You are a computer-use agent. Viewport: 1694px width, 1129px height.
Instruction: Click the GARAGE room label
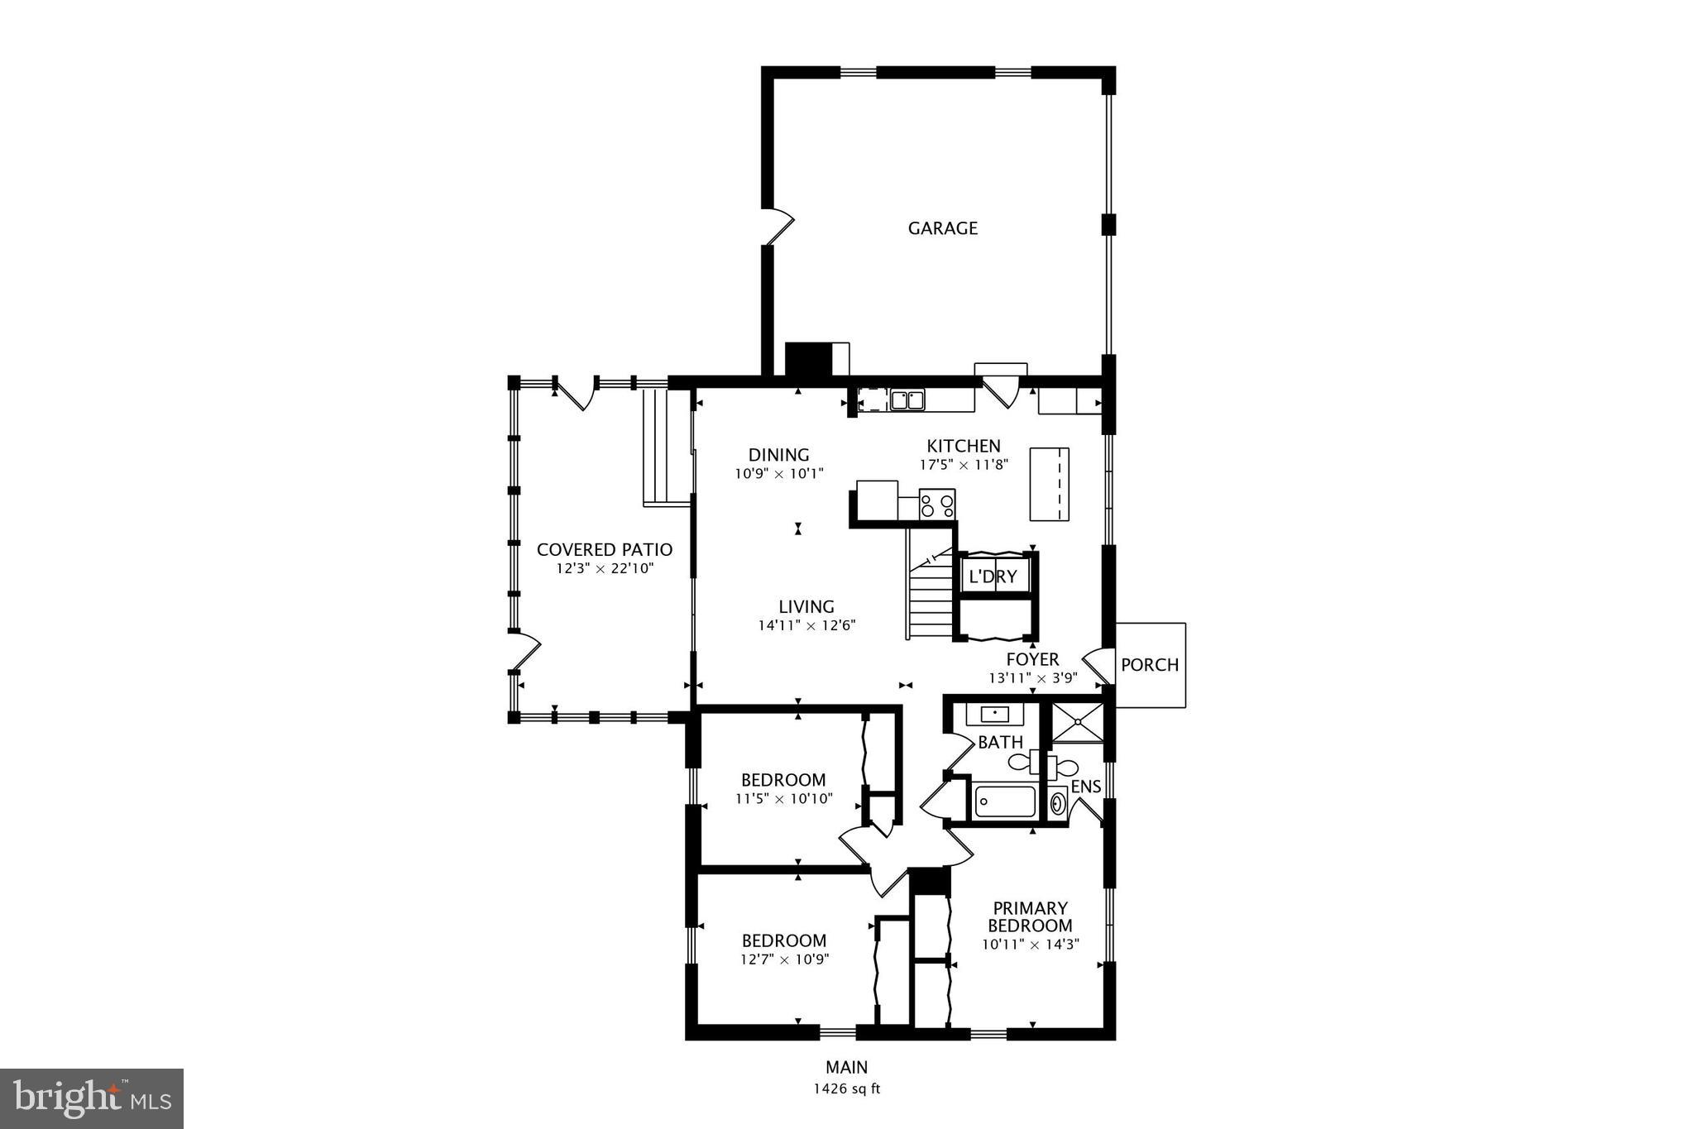point(942,228)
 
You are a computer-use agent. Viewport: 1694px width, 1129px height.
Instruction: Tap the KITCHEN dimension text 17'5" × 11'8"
point(964,465)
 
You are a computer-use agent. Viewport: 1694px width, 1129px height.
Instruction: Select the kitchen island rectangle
point(1049,484)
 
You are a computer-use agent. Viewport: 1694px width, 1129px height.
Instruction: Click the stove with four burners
point(937,504)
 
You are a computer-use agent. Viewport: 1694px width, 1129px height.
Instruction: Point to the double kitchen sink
point(907,400)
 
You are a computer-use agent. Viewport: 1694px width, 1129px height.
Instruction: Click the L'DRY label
point(993,576)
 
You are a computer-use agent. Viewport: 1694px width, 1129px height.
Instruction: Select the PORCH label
point(1149,665)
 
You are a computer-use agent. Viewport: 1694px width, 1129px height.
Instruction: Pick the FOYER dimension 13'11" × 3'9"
point(1032,678)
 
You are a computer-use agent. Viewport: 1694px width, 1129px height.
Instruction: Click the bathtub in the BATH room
point(1005,801)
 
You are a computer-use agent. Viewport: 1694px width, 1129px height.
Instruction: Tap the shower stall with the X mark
point(1077,723)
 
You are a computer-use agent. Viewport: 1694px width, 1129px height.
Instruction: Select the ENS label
point(1085,787)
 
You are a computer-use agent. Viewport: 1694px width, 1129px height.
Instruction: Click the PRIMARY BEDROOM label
point(1030,917)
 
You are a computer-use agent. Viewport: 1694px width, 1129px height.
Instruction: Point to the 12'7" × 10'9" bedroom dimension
point(783,959)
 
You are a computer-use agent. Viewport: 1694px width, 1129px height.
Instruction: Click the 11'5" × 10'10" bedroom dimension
point(783,799)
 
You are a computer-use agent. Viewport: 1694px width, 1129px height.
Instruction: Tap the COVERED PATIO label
point(604,550)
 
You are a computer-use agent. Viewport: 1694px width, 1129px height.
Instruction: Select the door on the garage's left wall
point(778,226)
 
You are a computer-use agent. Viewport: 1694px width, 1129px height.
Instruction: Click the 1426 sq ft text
point(846,1089)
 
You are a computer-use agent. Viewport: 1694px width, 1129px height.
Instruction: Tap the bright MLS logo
point(92,1098)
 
